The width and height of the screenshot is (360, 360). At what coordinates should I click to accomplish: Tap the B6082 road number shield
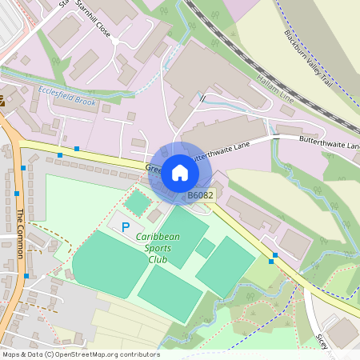tap(200, 195)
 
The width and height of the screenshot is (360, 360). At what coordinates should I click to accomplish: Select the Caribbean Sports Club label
tap(158, 248)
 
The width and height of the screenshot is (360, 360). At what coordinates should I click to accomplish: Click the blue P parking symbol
tap(125, 227)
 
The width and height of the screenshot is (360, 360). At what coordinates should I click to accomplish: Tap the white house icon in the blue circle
tap(180, 172)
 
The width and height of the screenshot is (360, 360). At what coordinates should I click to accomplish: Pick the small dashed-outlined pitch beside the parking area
tap(138, 202)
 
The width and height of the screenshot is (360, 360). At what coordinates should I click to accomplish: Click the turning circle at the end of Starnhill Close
tap(115, 41)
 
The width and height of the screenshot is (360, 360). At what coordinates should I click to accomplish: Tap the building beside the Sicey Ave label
tap(342, 332)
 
